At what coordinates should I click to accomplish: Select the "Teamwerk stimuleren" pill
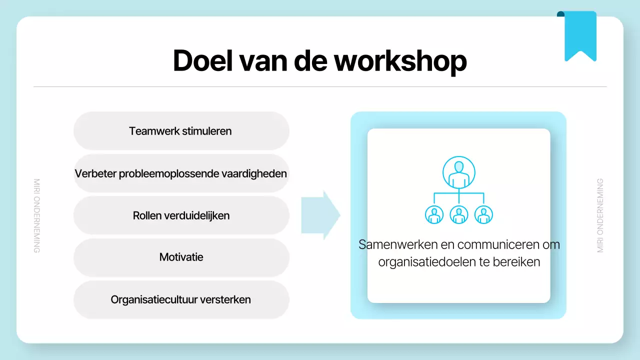coord(181,131)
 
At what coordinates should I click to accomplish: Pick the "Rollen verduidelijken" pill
coord(181,215)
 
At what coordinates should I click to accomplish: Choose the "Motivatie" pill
coord(181,257)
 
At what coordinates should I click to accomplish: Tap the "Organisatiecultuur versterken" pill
coord(181,300)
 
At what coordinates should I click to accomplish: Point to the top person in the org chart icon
coord(458,172)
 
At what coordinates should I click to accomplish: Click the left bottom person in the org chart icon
coord(434,214)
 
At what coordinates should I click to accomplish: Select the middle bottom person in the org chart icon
coord(458,214)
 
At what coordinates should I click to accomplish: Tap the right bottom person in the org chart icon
coord(483,214)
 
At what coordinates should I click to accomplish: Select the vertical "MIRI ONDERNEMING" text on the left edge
coord(36,215)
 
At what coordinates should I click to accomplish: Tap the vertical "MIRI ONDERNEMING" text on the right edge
coord(600,215)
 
